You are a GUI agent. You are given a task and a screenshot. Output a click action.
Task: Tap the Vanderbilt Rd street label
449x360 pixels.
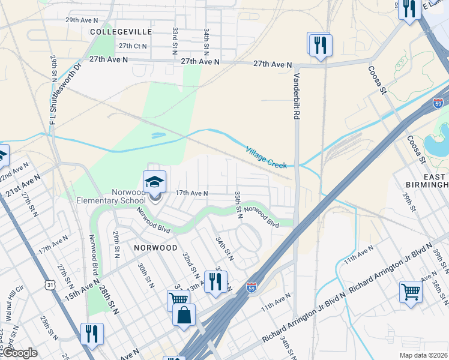(297, 97)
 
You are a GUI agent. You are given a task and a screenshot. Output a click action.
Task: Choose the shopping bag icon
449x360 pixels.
(184, 315)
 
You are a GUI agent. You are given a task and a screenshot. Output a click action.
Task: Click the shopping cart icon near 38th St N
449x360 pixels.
(411, 292)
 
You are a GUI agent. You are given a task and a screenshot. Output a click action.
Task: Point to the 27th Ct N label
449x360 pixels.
(133, 46)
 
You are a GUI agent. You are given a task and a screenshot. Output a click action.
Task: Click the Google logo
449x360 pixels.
(19, 353)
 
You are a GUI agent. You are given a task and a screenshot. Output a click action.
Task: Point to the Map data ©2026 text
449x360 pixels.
(423, 355)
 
